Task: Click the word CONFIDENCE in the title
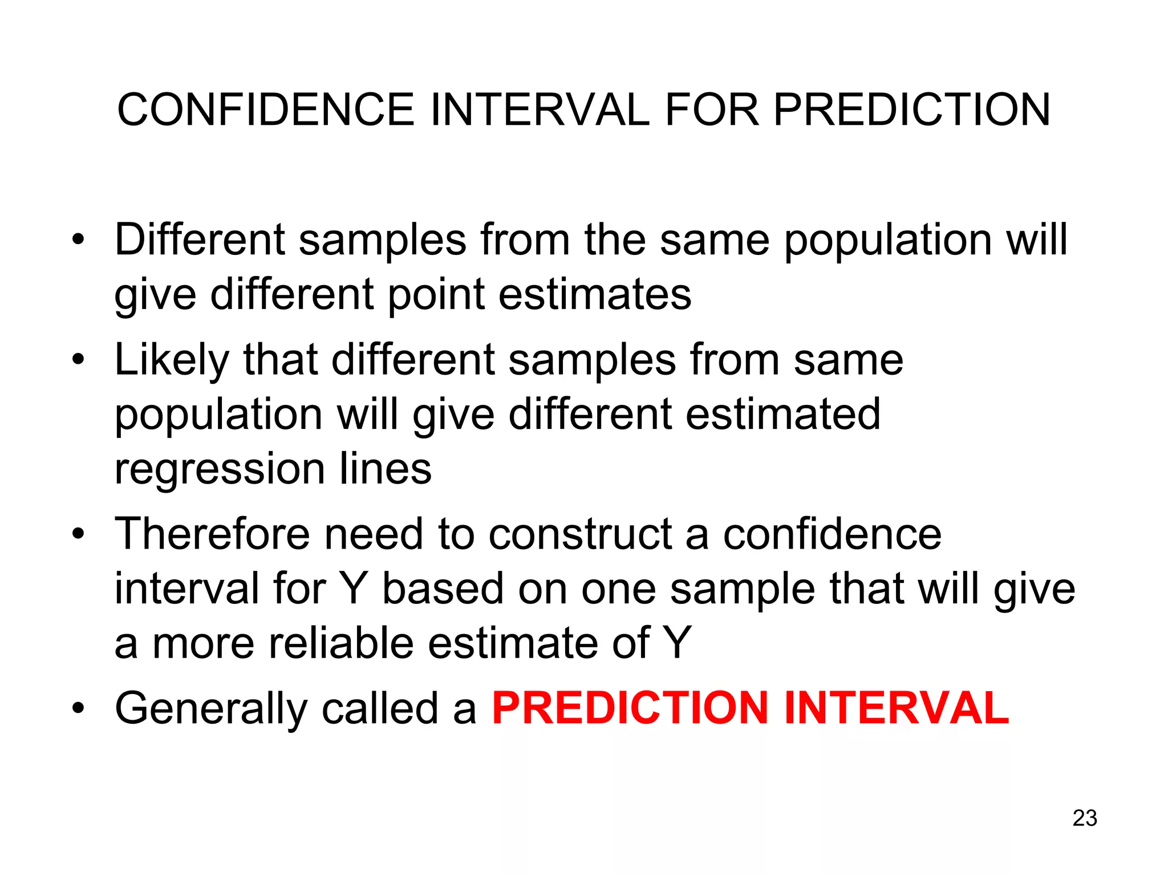tap(265, 109)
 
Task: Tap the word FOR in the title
tap(712, 109)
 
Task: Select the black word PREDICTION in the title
tap(911, 109)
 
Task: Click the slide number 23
tap(1085, 818)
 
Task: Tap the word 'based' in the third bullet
tap(443, 589)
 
